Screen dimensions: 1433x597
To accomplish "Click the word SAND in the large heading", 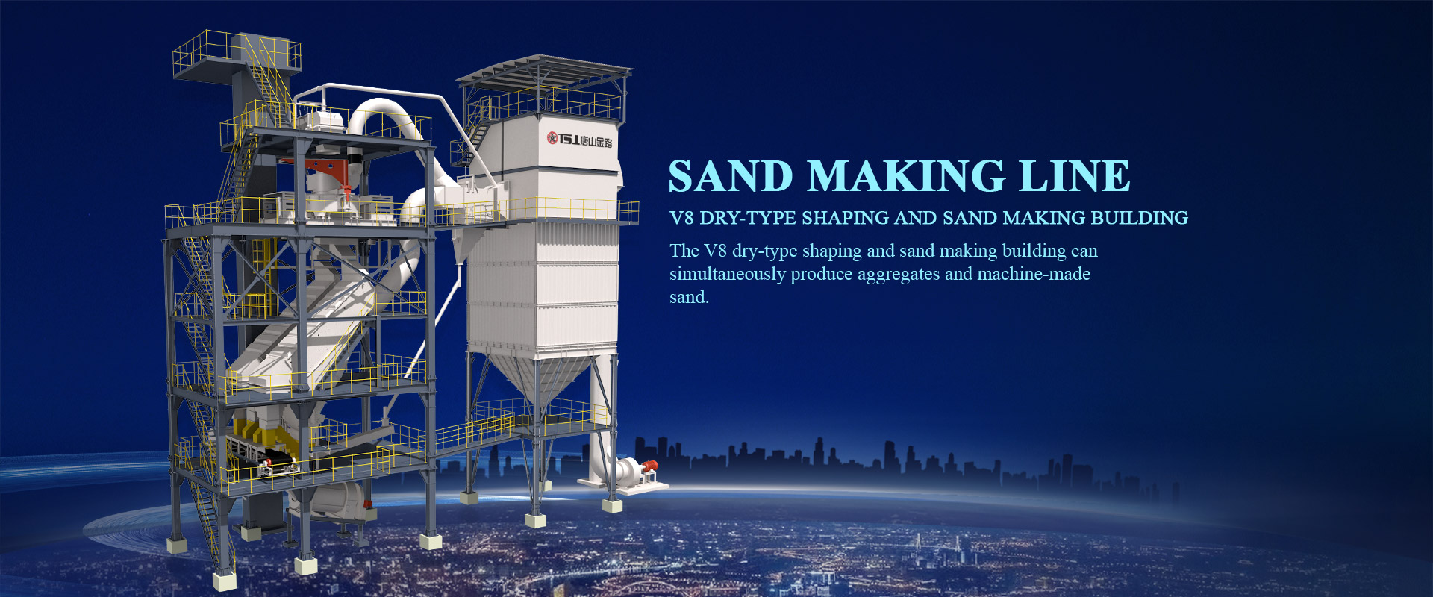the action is pos(731,176).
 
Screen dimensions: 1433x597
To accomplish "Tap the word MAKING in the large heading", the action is pos(906,176).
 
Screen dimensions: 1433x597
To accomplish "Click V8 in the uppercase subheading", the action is pos(681,218).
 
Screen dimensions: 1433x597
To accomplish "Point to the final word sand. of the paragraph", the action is pos(689,297).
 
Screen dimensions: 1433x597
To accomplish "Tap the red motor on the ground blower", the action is pos(649,468).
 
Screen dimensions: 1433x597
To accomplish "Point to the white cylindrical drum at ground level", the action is pos(332,499).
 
